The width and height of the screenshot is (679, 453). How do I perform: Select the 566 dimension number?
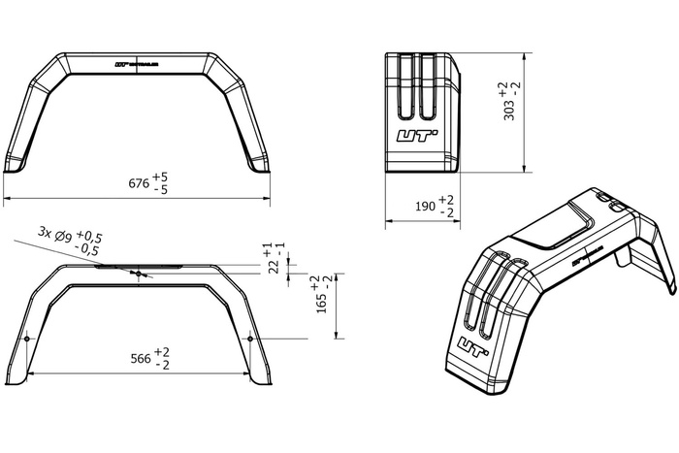coord(140,359)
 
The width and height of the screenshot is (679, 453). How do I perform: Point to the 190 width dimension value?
coord(424,206)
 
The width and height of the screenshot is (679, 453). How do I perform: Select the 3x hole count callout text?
coord(46,233)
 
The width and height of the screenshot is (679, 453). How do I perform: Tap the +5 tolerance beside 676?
coord(161,178)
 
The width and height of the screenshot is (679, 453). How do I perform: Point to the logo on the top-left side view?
coord(137,66)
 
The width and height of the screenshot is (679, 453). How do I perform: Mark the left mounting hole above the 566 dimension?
coord(27,338)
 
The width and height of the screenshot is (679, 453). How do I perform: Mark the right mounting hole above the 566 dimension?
coord(250,338)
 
